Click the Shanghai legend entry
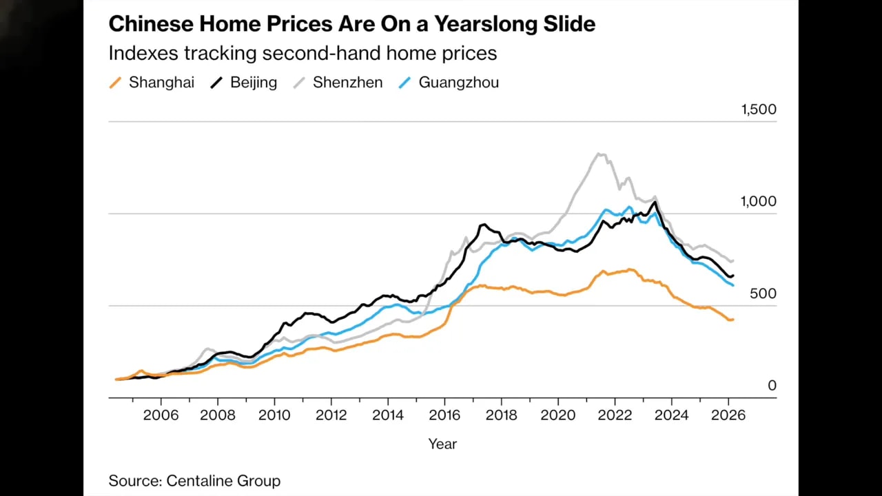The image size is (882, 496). click(152, 83)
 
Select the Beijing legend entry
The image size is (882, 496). click(244, 83)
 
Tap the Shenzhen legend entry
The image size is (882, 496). click(338, 83)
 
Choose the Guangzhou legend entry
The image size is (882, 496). click(449, 83)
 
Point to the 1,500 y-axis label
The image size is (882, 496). click(758, 109)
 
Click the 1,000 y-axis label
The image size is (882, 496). click(758, 201)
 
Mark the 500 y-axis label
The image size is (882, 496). click(763, 293)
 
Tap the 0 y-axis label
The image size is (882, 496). click(772, 386)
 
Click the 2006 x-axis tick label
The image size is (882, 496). click(161, 415)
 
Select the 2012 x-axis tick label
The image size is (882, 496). click(331, 415)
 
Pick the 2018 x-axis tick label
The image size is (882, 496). click(501, 415)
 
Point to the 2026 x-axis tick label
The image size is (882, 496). click(728, 415)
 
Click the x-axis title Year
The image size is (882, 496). click(442, 444)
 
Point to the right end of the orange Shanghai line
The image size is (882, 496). click(732, 319)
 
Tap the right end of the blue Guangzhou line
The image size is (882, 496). click(732, 285)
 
